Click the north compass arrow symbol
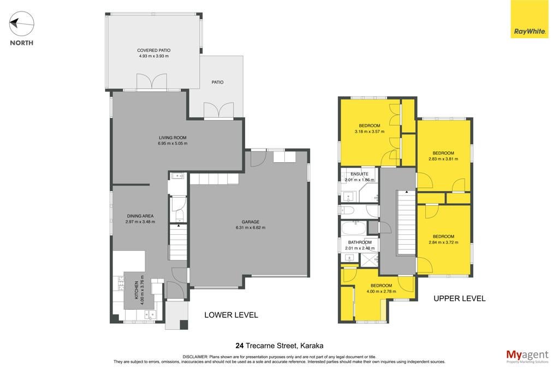[21, 24]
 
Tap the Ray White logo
[530, 19]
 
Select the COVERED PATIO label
[153, 50]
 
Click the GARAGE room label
[250, 222]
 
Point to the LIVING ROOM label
[173, 138]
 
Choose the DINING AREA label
[140, 216]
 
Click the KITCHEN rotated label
[136, 290]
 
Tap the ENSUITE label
[359, 174]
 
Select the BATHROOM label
[360, 242]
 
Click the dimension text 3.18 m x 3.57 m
[370, 132]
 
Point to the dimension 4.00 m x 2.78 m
[381, 291]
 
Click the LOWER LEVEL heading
[231, 315]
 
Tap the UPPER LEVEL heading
[460, 299]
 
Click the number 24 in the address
[239, 346]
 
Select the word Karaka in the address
[312, 346]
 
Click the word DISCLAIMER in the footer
[195, 357]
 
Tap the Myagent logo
[527, 356]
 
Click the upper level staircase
[406, 222]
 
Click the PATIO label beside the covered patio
[217, 82]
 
